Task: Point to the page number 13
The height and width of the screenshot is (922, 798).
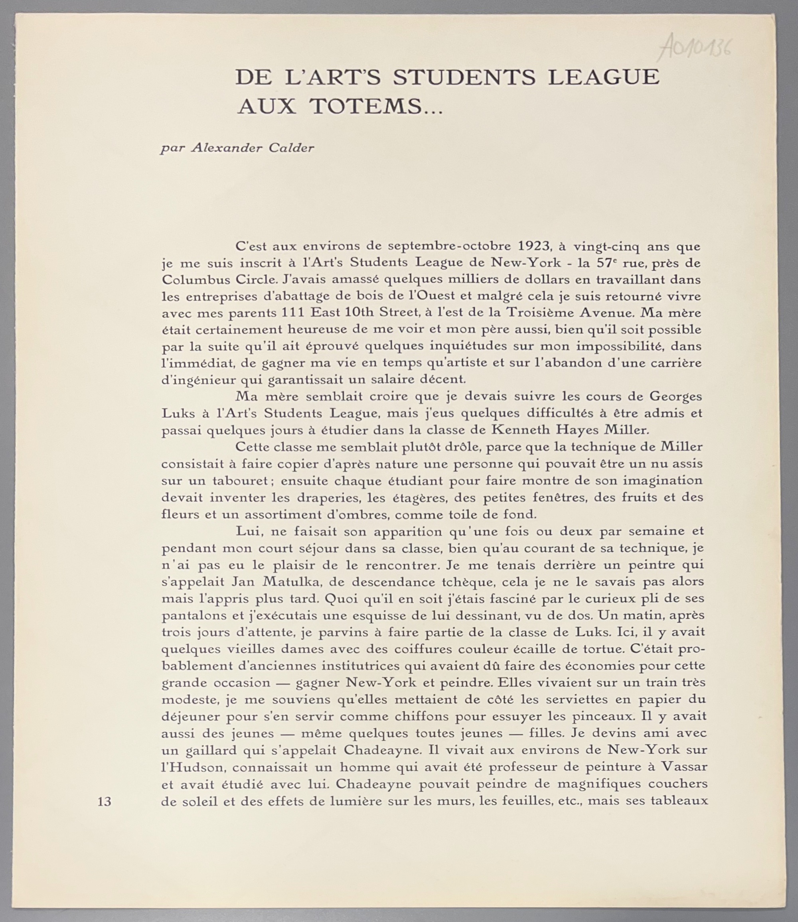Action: pyautogui.click(x=104, y=802)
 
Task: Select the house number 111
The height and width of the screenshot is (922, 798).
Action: pyautogui.click(x=292, y=313)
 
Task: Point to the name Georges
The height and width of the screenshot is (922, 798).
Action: pyautogui.click(x=676, y=396)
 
